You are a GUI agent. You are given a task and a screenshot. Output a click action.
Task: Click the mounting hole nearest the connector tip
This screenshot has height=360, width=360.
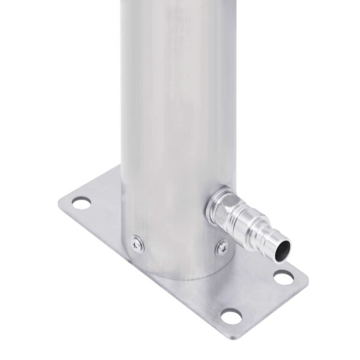pyautogui.click(x=283, y=277)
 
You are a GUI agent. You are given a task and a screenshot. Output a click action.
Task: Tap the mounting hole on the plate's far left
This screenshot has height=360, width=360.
pyautogui.click(x=81, y=203)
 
